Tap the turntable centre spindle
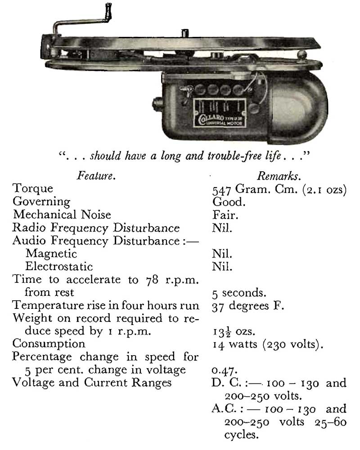pos(185,33)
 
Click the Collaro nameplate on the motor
pos(220,113)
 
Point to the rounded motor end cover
pos(299,107)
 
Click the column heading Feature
pos(96,175)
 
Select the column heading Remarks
pos(279,176)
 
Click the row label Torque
pos(33,188)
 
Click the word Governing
pos(41,202)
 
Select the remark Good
pos(229,202)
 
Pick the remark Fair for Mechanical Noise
pos(225,215)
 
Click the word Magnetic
pos(51,254)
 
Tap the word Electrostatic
pos(59,266)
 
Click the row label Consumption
pos(49,343)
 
